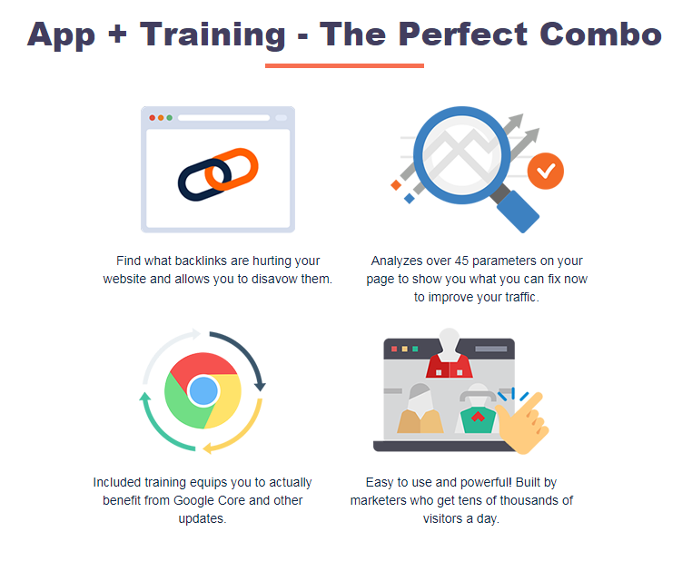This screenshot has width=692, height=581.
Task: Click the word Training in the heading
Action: [213, 35]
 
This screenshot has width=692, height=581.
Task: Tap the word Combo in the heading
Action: [600, 34]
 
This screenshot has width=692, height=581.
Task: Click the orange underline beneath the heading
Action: [344, 65]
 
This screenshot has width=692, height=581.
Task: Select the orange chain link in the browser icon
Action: [232, 170]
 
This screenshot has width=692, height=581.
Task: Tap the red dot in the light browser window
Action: [153, 118]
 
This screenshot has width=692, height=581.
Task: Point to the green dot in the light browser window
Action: [170, 118]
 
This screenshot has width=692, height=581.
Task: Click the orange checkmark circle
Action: [546, 172]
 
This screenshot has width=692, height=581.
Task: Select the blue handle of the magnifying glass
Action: [518, 212]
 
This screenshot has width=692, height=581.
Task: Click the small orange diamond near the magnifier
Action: [396, 185]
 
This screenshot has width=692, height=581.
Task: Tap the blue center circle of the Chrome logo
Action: [203, 391]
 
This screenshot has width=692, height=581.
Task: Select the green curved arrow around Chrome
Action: [159, 430]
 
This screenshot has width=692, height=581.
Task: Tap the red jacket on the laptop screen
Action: [450, 365]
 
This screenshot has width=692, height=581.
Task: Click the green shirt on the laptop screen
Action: [478, 420]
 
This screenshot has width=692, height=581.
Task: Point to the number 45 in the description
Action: [461, 261]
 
